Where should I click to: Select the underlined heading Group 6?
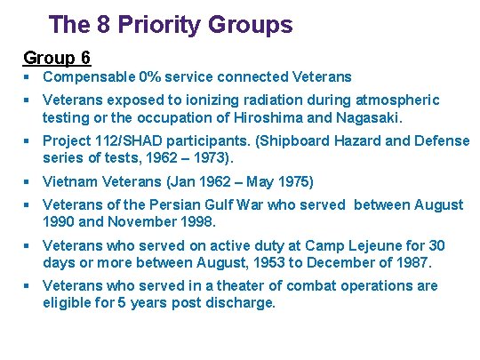(x=57, y=58)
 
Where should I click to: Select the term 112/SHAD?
(x=128, y=141)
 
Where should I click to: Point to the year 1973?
(x=205, y=158)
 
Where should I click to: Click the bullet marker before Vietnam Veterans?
(x=28, y=182)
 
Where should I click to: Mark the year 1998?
(x=195, y=221)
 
